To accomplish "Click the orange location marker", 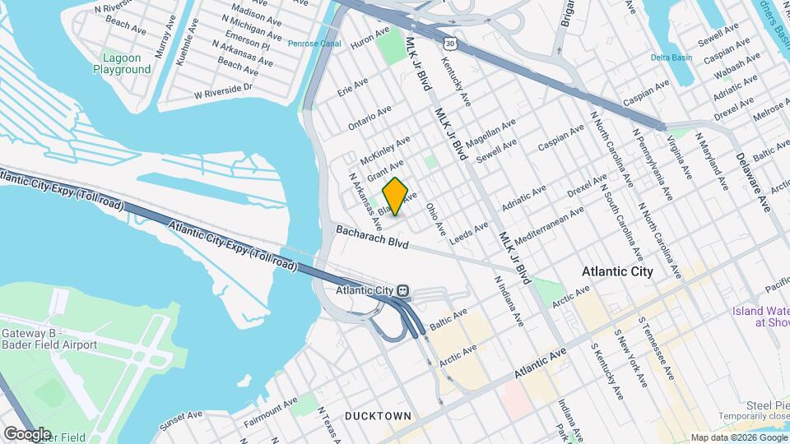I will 396,197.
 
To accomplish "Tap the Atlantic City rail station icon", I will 403,290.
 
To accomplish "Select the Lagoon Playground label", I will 128,63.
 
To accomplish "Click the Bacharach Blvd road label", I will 372,237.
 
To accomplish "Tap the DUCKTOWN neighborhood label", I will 378,416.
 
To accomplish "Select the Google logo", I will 27,432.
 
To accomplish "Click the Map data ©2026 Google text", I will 738,437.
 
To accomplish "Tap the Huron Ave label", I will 369,39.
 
